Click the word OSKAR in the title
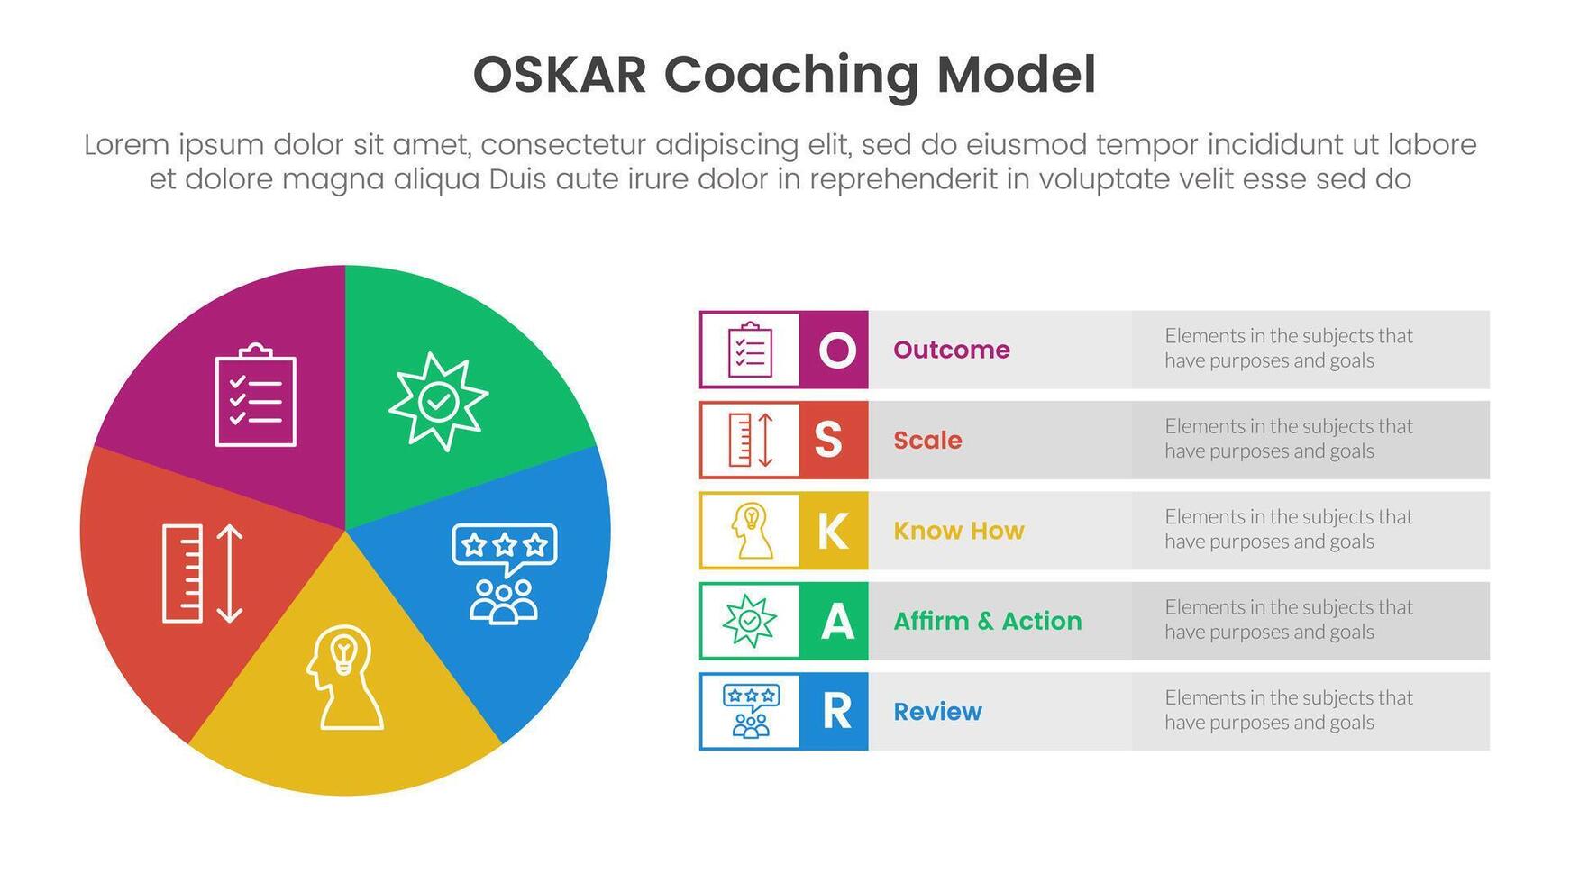pyautogui.click(x=560, y=75)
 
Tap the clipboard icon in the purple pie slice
pyautogui.click(x=256, y=396)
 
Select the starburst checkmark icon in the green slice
pyautogui.click(x=438, y=401)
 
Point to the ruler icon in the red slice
pyautogui.click(x=203, y=574)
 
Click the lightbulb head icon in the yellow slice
pyautogui.click(x=344, y=677)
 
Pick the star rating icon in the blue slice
pyautogui.click(x=505, y=573)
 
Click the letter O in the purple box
pyautogui.click(x=836, y=350)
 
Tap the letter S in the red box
pyautogui.click(x=828, y=440)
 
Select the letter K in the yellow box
pyautogui.click(x=832, y=531)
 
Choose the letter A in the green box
pyautogui.click(x=836, y=621)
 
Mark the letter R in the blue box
pyautogui.click(x=836, y=712)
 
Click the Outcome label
pyautogui.click(x=951, y=350)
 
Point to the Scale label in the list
pyautogui.click(x=927, y=440)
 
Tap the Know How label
pyautogui.click(x=958, y=531)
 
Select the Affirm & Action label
pyautogui.click(x=987, y=621)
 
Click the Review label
pyautogui.click(x=937, y=712)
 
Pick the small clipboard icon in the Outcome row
pyautogui.click(x=750, y=350)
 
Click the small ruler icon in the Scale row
pyautogui.click(x=751, y=440)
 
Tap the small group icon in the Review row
pyautogui.click(x=751, y=712)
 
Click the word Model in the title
pyautogui.click(x=1016, y=75)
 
